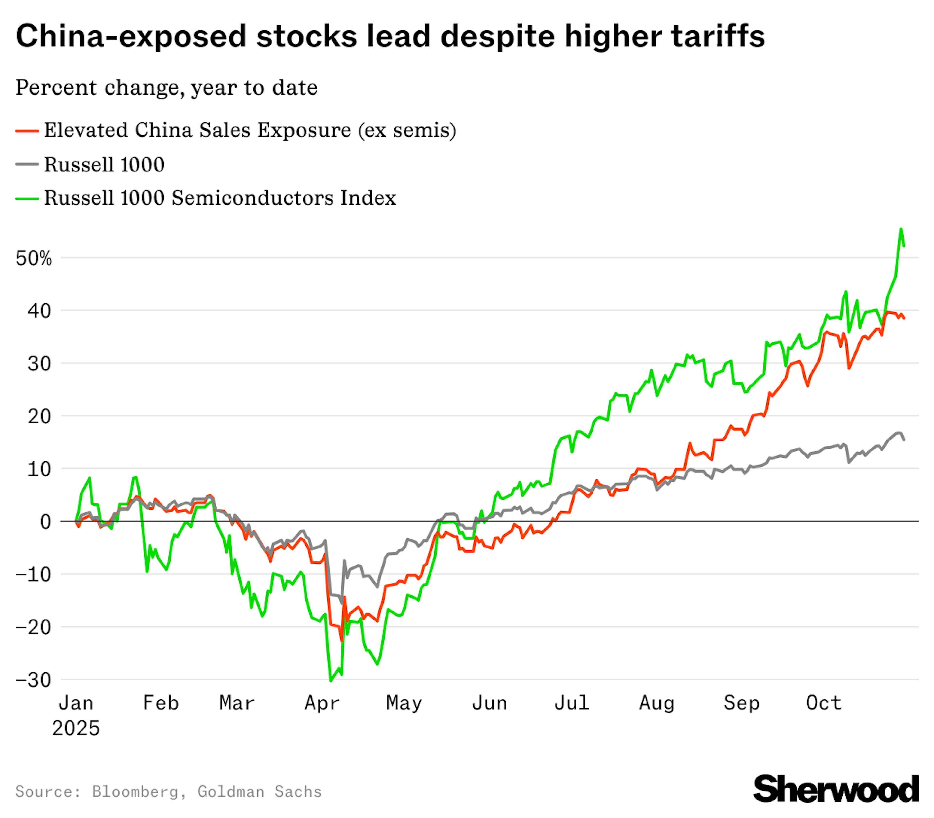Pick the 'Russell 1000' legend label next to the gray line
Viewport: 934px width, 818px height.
(x=104, y=165)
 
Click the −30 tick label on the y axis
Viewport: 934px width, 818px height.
(x=33, y=680)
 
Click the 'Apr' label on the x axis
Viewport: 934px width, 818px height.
(x=322, y=703)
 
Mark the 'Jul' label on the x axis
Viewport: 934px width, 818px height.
(x=572, y=703)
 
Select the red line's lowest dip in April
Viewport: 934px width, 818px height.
(x=341, y=641)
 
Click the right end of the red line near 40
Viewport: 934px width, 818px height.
(x=904, y=318)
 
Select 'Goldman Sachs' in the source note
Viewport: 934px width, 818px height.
(x=259, y=791)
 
